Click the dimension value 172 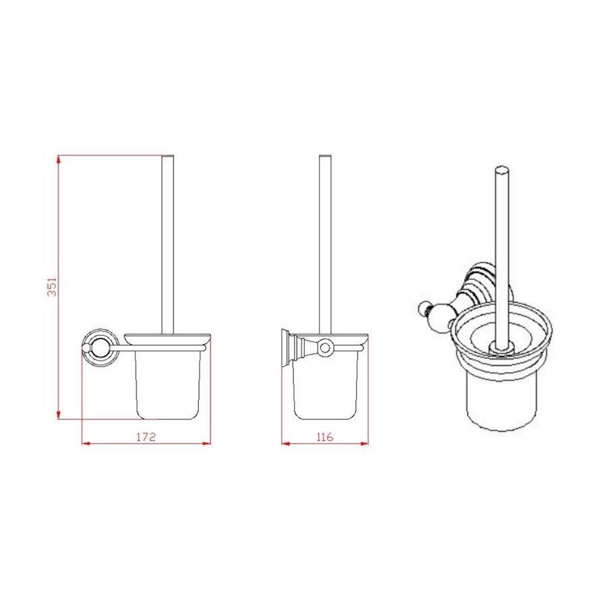tap(146, 437)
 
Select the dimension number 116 tap(324, 437)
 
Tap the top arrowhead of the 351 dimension tap(59, 160)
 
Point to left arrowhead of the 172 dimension tap(85, 443)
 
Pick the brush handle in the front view tap(168, 243)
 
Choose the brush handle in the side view tap(325, 243)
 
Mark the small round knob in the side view tap(325, 348)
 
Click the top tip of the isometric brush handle tap(500, 169)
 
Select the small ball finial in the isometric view tap(426, 310)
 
